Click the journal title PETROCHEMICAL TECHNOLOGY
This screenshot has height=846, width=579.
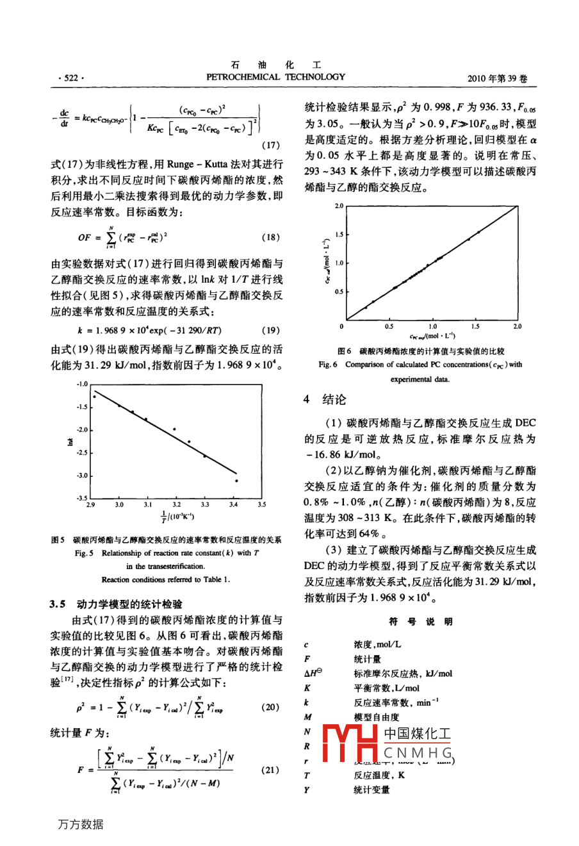coord(275,77)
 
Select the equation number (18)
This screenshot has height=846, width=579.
coord(270,237)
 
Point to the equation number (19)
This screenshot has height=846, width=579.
coord(270,331)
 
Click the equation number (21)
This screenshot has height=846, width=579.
coord(270,770)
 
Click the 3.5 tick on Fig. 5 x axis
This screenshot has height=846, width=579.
coord(261,505)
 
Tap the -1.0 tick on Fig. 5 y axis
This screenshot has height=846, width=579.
coord(81,384)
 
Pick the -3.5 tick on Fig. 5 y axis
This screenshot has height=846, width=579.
coord(81,498)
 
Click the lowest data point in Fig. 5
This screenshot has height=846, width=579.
coord(236,481)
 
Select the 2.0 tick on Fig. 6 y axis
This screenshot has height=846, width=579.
coord(339,206)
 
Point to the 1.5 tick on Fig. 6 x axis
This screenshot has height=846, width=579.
coord(475,326)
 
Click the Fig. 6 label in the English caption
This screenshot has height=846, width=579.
coord(328,365)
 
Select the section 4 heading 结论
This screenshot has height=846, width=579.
coord(334,400)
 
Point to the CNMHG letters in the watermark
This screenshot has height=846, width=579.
coord(418,752)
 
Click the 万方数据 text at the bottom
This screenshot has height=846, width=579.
coord(80,825)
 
